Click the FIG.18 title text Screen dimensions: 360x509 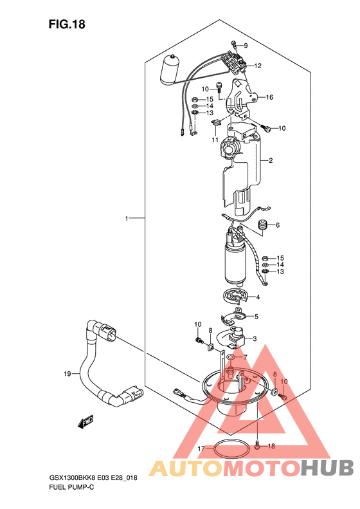pyautogui.click(x=67, y=24)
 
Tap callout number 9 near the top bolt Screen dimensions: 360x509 pyautogui.click(x=246, y=46)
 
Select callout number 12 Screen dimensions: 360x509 pyautogui.click(x=258, y=66)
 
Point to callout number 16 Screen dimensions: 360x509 pyautogui.click(x=269, y=97)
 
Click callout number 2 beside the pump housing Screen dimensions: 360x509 pyautogui.click(x=271, y=160)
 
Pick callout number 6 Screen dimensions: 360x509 pyautogui.click(x=278, y=225)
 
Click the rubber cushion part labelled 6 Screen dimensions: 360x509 pyautogui.click(x=263, y=225)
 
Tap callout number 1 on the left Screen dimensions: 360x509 pyautogui.click(x=127, y=219)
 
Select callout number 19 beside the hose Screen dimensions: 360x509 pyautogui.click(x=67, y=374)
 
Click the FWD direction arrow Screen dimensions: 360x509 pyautogui.click(x=85, y=422)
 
